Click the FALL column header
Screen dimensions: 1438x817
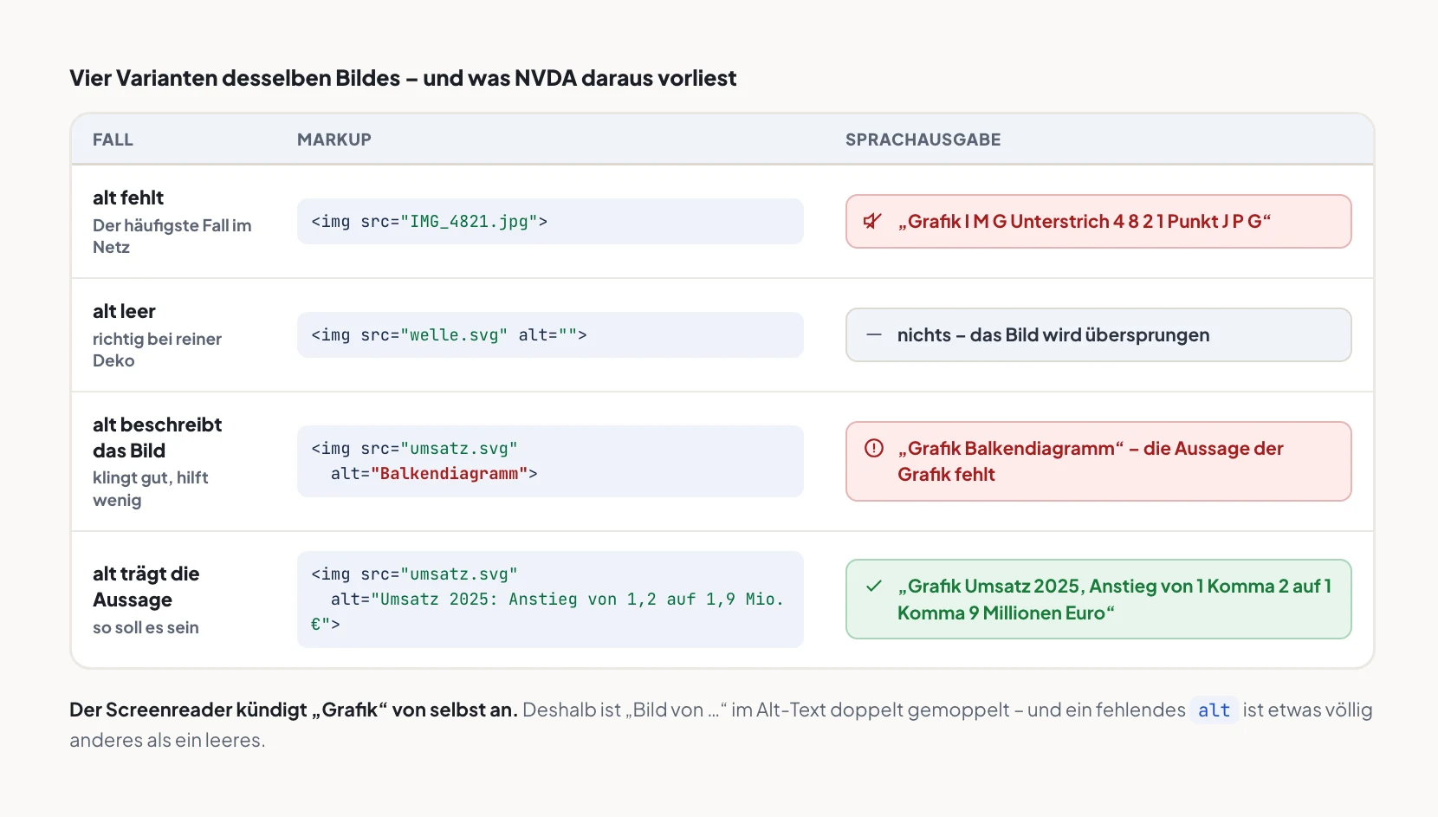[113, 139]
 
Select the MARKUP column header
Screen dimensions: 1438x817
[334, 139]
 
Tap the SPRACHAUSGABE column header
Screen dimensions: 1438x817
[923, 139]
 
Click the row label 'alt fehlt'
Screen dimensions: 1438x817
[127, 198]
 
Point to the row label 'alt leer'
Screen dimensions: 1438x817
[124, 311]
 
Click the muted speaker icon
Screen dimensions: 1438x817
[872, 221]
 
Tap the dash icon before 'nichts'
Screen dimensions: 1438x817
[874, 334]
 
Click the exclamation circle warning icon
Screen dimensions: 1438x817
[874, 448]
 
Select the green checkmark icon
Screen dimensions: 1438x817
[874, 586]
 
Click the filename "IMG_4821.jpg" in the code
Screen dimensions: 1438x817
[469, 222]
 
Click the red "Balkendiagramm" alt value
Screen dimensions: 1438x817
[450, 473]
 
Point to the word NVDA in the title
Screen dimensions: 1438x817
[546, 78]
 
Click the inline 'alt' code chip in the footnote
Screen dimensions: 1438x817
[1214, 710]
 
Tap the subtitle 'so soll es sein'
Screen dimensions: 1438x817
[146, 627]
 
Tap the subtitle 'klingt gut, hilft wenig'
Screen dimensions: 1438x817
[150, 489]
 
